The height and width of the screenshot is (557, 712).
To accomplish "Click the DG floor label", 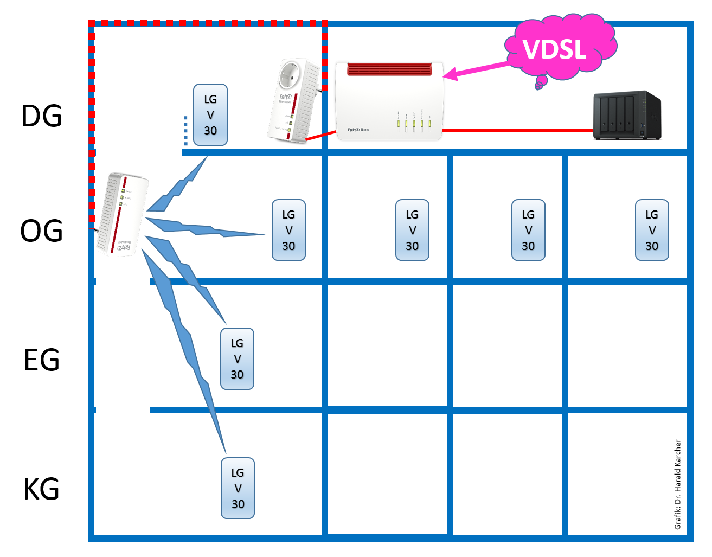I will click(x=42, y=116).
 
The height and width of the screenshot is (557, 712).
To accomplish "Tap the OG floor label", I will click(x=42, y=231).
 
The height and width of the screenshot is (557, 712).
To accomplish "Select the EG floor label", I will click(x=42, y=360).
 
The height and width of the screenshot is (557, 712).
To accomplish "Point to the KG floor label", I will click(x=42, y=489).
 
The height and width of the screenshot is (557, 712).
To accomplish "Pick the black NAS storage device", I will click(x=627, y=116).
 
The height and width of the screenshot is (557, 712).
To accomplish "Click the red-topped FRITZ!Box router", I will click(x=389, y=101).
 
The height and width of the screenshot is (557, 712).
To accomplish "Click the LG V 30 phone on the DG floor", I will click(x=210, y=115).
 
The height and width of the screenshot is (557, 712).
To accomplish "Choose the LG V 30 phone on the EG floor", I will click(x=237, y=359).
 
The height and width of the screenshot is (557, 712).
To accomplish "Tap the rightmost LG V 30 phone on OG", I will click(x=652, y=231).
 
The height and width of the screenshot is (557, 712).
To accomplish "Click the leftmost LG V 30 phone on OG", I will click(x=288, y=231).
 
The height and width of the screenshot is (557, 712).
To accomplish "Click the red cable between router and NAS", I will click(x=518, y=131).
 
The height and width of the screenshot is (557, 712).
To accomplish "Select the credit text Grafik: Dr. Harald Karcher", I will click(x=678, y=484).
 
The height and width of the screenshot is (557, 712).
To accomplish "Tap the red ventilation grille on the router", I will click(x=389, y=69).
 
